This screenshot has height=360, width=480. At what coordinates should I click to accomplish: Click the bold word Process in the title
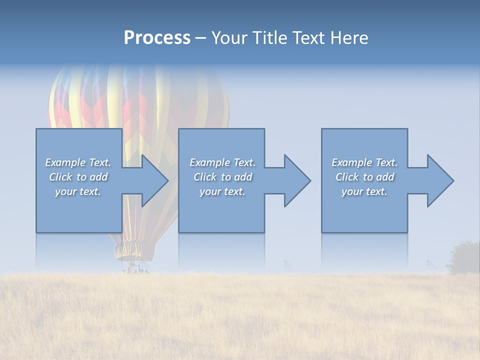click(x=157, y=38)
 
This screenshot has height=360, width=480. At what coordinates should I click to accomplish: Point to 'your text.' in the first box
click(x=78, y=191)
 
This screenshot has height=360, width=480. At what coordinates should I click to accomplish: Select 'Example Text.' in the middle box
click(x=222, y=162)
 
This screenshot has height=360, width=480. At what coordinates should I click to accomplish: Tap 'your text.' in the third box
click(x=364, y=191)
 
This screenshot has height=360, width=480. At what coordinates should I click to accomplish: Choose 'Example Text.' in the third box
click(x=364, y=162)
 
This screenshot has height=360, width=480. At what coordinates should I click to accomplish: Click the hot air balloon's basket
click(x=133, y=269)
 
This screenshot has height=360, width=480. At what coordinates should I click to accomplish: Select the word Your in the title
click(x=228, y=38)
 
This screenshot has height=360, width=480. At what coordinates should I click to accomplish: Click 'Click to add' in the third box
click(x=364, y=177)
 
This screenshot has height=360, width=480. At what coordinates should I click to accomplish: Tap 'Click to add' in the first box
click(x=78, y=177)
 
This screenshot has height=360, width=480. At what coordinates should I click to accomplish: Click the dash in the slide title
click(x=200, y=38)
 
